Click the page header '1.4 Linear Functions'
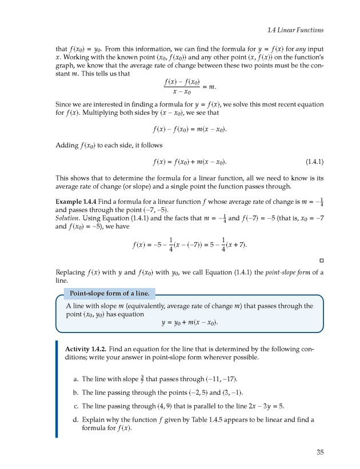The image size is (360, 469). click(x=295, y=30)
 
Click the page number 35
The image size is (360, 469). click(x=319, y=452)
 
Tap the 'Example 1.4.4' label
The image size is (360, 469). click(x=78, y=202)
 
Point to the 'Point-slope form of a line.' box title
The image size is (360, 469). click(x=109, y=294)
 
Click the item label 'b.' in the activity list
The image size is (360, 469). click(x=76, y=392)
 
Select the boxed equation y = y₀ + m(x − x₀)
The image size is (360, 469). click(x=190, y=322)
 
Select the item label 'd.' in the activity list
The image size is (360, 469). click(x=76, y=420)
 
